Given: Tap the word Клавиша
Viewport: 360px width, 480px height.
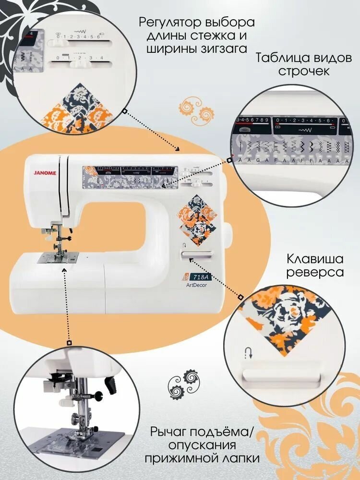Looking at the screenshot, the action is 315,259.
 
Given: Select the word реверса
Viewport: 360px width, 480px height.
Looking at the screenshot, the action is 315,272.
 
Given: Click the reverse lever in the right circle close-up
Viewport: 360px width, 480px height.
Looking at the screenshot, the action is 283,375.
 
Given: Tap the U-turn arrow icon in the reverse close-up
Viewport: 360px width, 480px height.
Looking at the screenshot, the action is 248,354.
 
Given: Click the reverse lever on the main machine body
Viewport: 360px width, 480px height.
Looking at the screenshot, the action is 198,254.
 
